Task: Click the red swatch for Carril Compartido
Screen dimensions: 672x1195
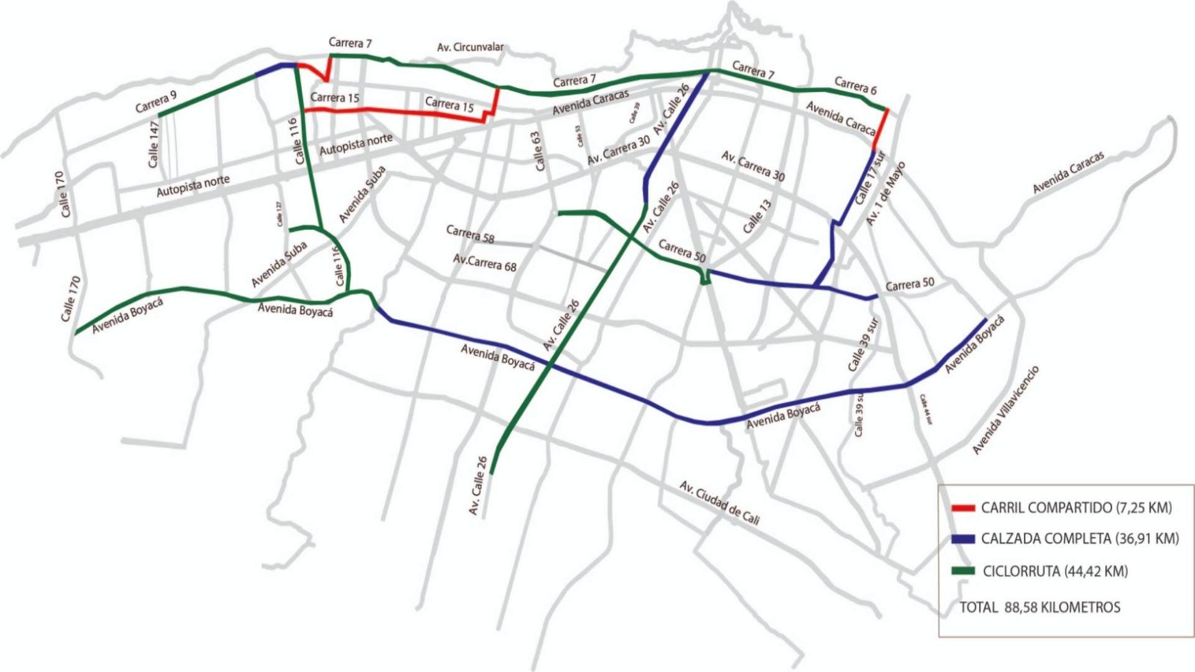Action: tap(963, 508)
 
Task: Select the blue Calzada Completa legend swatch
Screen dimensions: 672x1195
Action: tap(963, 539)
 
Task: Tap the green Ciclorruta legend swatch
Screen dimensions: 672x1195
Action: tap(963, 571)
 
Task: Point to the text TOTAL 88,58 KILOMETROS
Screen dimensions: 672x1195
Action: tap(1039, 607)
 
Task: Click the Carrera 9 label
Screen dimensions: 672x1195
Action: tap(156, 102)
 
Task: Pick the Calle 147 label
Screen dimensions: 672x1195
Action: tap(154, 144)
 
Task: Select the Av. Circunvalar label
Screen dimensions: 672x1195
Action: tap(470, 47)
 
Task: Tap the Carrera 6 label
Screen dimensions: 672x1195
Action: tap(855, 86)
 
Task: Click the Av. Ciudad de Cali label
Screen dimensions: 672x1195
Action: tap(719, 503)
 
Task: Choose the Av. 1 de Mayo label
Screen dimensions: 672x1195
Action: tap(886, 194)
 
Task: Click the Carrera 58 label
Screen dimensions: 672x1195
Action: tap(470, 234)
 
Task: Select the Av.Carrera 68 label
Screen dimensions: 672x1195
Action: tap(484, 263)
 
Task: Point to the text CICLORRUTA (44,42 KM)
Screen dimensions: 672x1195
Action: tap(1055, 571)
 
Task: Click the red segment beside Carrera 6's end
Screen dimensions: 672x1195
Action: tap(880, 129)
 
